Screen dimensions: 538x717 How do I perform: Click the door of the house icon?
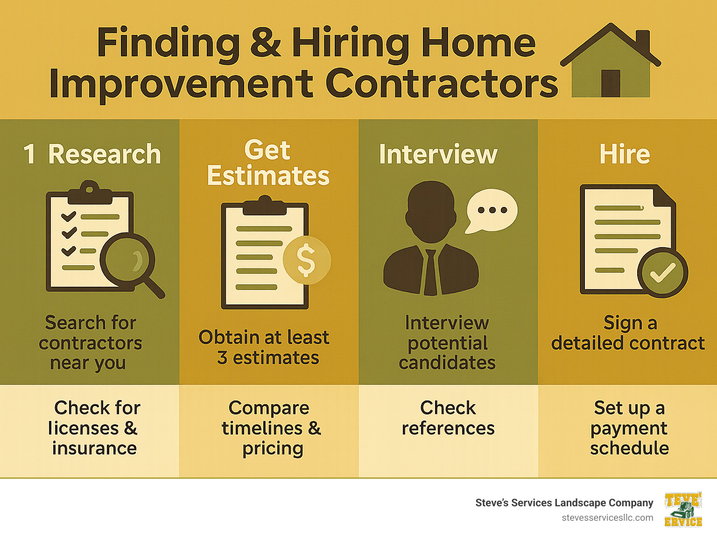611,83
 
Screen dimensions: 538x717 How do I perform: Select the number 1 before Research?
29,154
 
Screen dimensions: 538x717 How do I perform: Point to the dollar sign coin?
306,260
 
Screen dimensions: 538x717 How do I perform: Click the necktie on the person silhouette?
430,273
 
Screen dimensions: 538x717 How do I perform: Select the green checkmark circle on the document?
662,273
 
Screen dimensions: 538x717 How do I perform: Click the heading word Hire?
625,154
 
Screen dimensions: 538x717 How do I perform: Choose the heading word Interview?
438,154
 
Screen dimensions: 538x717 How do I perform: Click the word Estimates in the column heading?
268,176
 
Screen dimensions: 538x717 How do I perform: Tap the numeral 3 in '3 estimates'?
222,358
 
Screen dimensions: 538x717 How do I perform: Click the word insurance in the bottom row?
94,448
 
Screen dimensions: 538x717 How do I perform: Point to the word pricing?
273,448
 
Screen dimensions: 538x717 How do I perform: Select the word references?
448,428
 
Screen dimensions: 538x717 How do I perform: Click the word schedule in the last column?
629,448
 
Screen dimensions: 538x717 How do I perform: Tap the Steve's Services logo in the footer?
683,510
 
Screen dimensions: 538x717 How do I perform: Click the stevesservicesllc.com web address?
607,517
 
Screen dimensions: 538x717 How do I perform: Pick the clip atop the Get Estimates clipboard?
265,205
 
